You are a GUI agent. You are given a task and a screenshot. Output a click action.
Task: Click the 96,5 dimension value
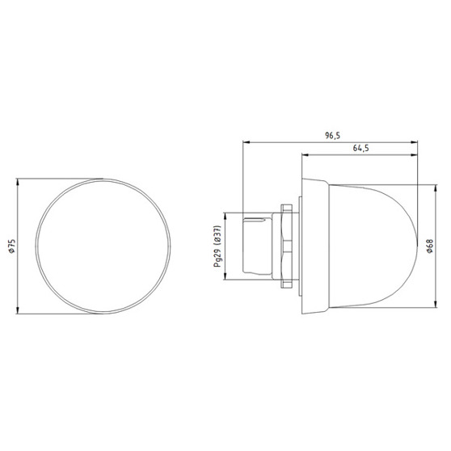pyautogui.click(x=332, y=136)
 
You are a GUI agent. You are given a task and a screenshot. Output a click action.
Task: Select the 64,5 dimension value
pyautogui.click(x=360, y=149)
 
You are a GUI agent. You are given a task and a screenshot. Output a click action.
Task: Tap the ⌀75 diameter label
pyautogui.click(x=12, y=246)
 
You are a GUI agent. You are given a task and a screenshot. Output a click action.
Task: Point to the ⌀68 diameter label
pyautogui.click(x=430, y=246)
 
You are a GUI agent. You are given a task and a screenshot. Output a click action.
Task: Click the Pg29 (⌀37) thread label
pyautogui.click(x=217, y=247)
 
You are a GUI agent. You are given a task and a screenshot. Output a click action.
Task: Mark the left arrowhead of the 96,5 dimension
pyautogui.click(x=247, y=141)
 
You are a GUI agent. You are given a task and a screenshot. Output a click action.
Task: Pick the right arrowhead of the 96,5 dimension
pyautogui.click(x=414, y=141)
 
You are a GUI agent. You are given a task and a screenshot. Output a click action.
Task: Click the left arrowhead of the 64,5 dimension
pyautogui.click(x=306, y=155)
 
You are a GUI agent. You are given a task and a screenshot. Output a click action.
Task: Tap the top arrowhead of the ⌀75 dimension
pyautogui.click(x=18, y=182)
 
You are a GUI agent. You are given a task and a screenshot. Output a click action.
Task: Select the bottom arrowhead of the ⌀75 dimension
pyautogui.click(x=18, y=310)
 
